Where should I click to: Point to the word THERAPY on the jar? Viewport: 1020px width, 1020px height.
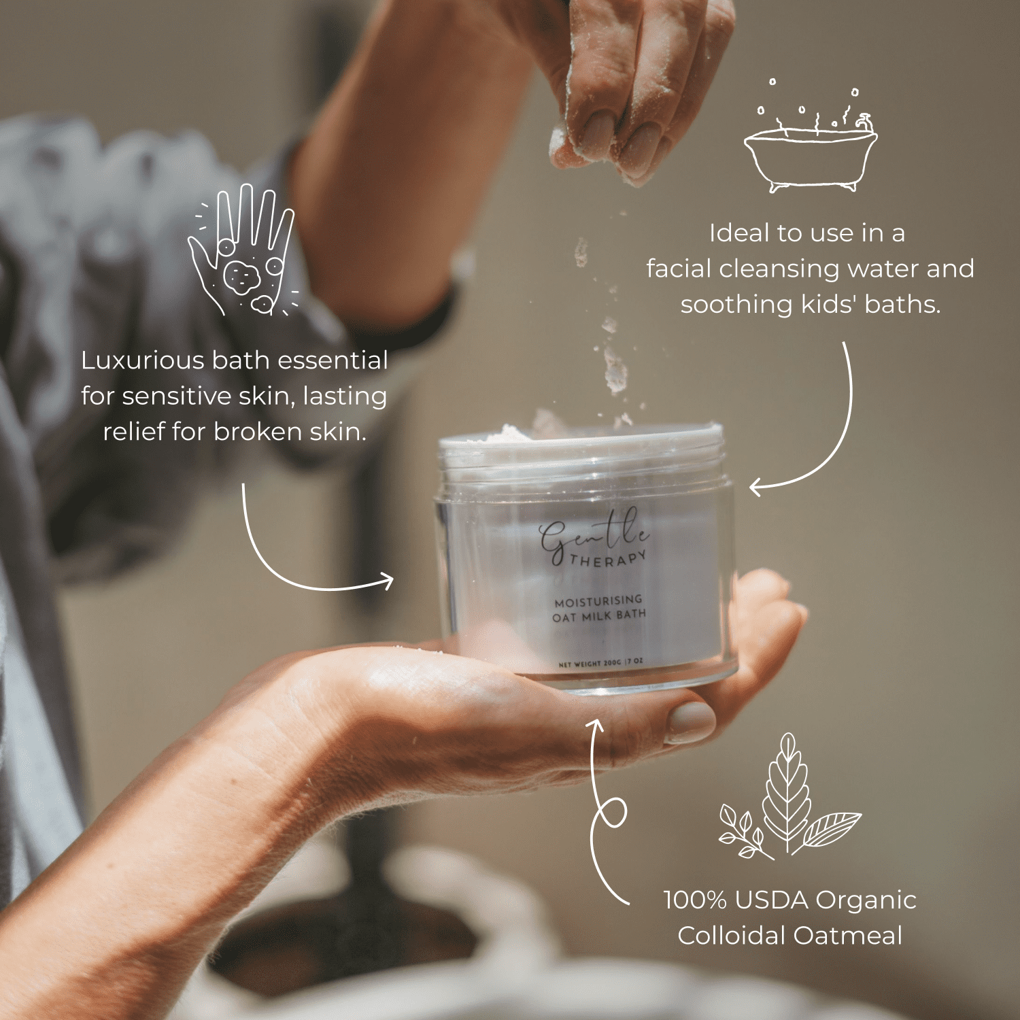point(607,559)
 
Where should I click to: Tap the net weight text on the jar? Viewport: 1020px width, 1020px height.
point(600,663)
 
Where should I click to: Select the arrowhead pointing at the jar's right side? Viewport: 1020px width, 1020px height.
point(757,487)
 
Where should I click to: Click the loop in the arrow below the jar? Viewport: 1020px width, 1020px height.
point(613,813)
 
